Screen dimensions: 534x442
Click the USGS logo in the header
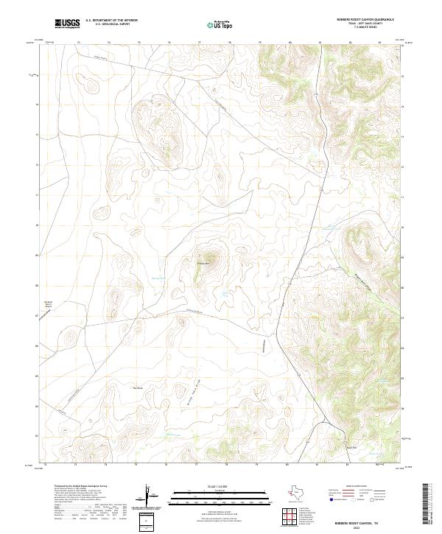click(x=68, y=24)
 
